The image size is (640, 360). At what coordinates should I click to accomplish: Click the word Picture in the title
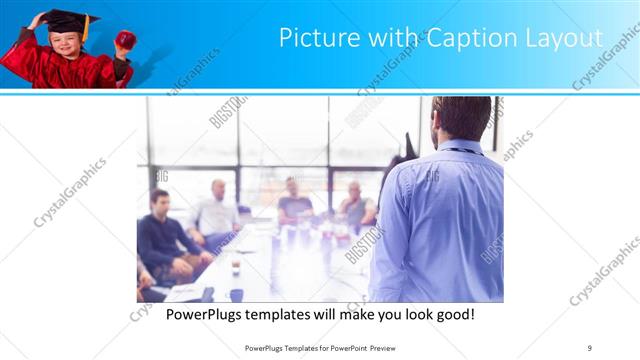click(312, 39)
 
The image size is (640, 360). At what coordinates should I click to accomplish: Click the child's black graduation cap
click(61, 19)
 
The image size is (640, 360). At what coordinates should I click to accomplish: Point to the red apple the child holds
click(126, 39)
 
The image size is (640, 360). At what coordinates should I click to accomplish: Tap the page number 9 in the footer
click(590, 347)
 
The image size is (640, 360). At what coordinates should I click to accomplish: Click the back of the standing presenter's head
click(462, 118)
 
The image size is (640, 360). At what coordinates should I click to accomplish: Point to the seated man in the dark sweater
click(161, 240)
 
